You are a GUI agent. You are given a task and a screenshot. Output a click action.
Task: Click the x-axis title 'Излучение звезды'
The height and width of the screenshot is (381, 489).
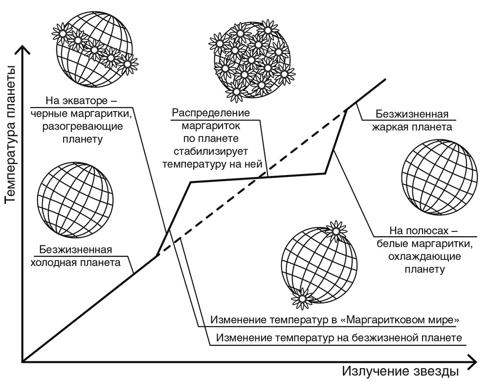400,371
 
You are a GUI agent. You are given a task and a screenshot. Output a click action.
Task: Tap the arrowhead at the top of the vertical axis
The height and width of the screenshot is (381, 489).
22,49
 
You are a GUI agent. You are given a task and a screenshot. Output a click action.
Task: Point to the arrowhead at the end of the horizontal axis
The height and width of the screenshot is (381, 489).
472,362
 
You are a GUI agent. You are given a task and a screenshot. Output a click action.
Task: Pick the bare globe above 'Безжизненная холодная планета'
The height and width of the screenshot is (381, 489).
75,200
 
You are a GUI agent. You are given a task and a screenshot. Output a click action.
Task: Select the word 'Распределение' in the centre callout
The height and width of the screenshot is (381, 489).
211,112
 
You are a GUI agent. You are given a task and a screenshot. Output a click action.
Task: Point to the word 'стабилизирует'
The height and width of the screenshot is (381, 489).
211,151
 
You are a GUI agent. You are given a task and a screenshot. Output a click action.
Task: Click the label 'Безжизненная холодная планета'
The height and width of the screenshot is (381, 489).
75,256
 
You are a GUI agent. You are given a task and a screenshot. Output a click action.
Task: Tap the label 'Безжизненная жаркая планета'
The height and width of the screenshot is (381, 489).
412,120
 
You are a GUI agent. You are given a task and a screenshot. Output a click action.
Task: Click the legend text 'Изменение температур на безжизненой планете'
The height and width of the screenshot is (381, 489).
339,338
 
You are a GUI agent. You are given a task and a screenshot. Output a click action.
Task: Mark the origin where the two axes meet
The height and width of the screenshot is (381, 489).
22,362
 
